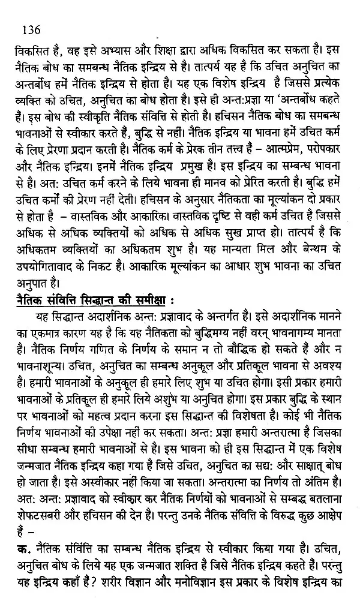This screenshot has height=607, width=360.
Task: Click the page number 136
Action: pos(29,28)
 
